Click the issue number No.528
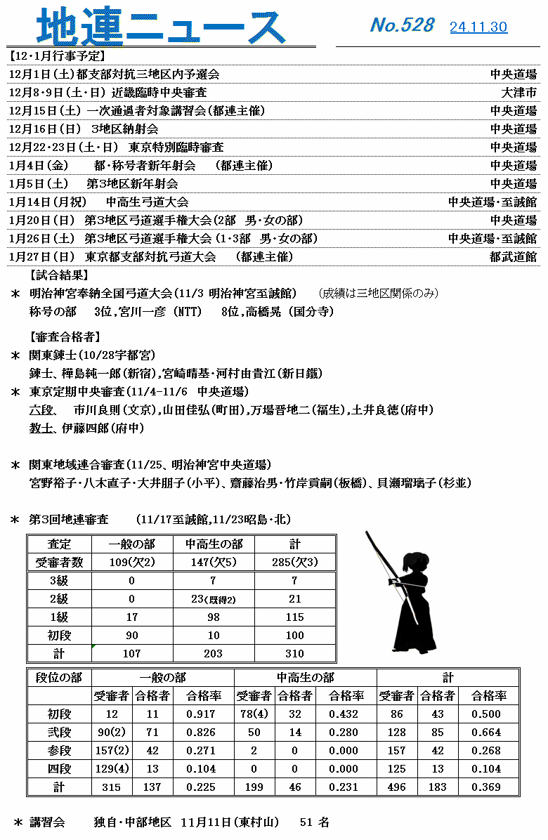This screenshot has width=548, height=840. pyautogui.click(x=402, y=25)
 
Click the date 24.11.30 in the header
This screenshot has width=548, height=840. pyautogui.click(x=478, y=27)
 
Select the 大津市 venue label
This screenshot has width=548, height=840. pyautogui.click(x=519, y=93)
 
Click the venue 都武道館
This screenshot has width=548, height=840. pyautogui.click(x=514, y=257)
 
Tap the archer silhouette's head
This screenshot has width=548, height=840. pyautogui.click(x=413, y=563)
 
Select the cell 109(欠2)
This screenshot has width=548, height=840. pyautogui.click(x=132, y=562)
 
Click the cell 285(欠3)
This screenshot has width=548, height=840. pyautogui.click(x=294, y=562)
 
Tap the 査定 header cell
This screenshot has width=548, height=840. pyautogui.click(x=59, y=544)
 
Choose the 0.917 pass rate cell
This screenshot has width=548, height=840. pyautogui.click(x=201, y=714)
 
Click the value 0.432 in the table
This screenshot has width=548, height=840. pyautogui.click(x=344, y=714)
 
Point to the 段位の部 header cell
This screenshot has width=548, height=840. pyautogui.click(x=59, y=678)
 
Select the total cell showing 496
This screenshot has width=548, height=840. pyautogui.click(x=396, y=787)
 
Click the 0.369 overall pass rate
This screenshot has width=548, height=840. pyautogui.click(x=486, y=787)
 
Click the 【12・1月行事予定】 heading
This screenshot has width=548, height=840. pyautogui.click(x=56, y=55)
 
